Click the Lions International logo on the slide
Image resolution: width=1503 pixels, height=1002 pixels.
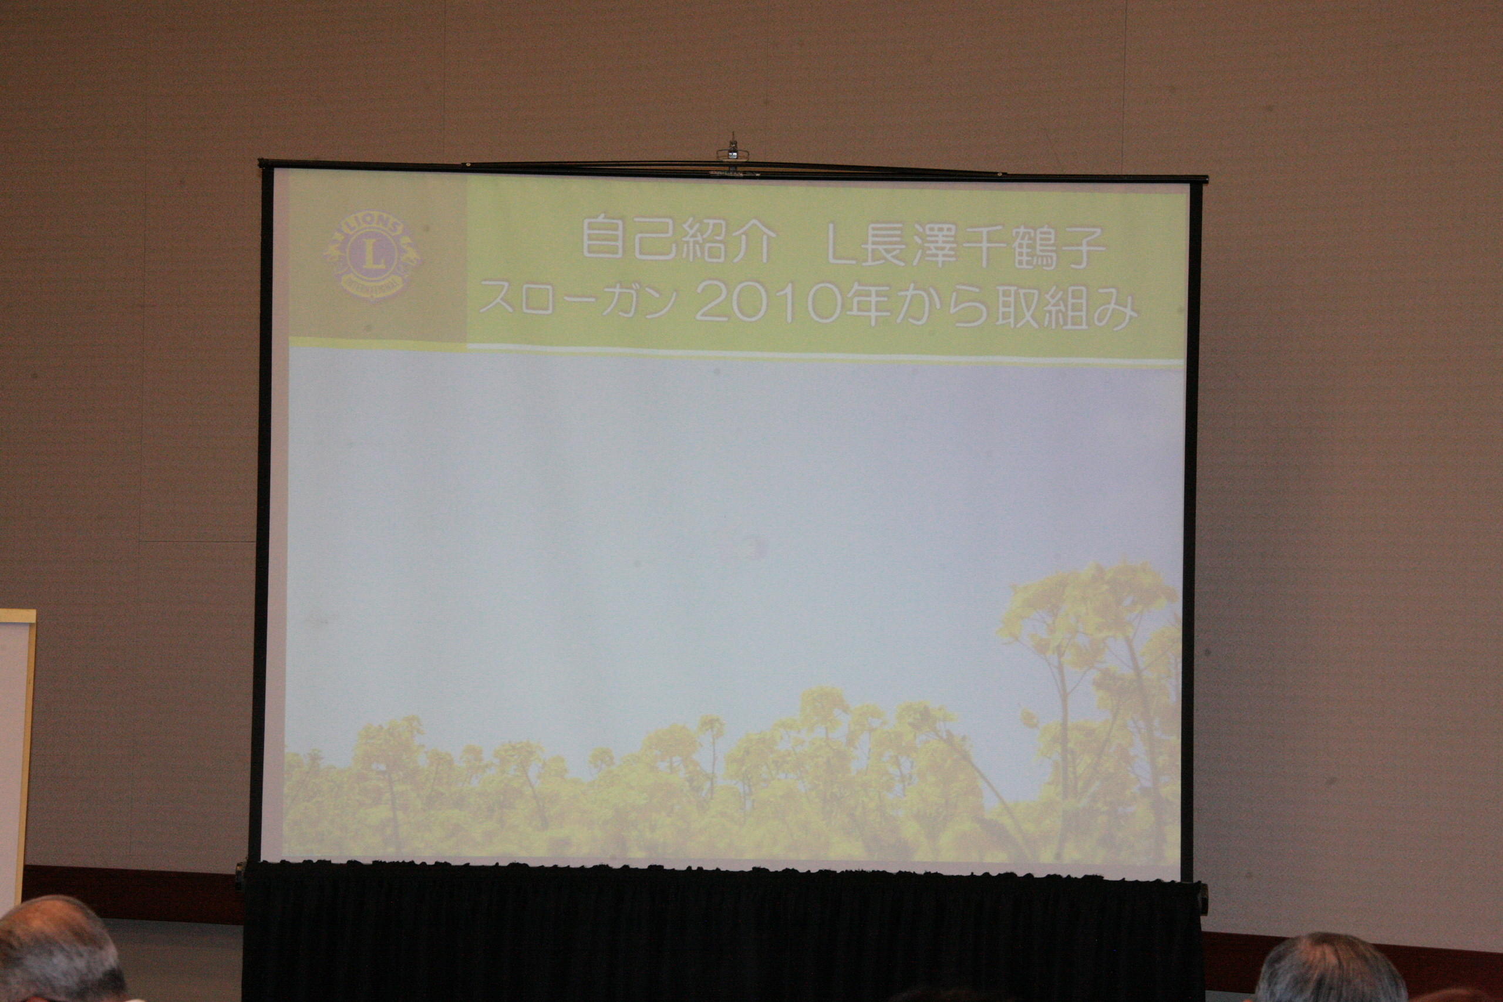click(x=373, y=255)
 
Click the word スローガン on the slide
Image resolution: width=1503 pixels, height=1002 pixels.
click(x=578, y=298)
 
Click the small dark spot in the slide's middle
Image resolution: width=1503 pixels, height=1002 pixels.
click(x=747, y=546)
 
